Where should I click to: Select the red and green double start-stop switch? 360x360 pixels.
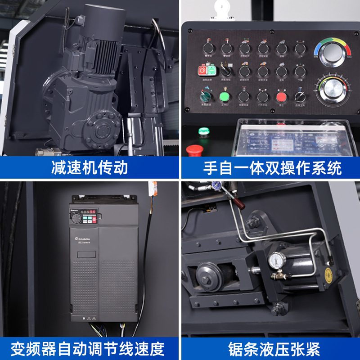(207, 71)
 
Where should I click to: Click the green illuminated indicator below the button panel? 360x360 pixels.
(204, 131)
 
